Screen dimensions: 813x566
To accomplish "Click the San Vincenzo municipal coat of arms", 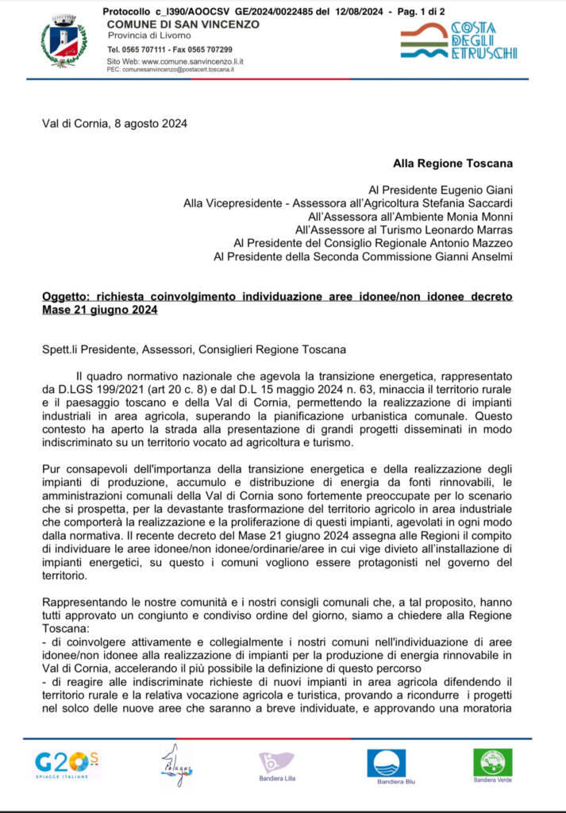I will [64, 42].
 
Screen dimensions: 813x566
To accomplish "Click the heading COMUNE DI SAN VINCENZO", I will [183, 25].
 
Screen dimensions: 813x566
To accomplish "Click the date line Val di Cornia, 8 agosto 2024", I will [115, 123].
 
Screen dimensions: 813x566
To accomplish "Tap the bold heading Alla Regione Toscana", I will [452, 164].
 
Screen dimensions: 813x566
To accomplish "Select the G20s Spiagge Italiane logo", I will [66, 766].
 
